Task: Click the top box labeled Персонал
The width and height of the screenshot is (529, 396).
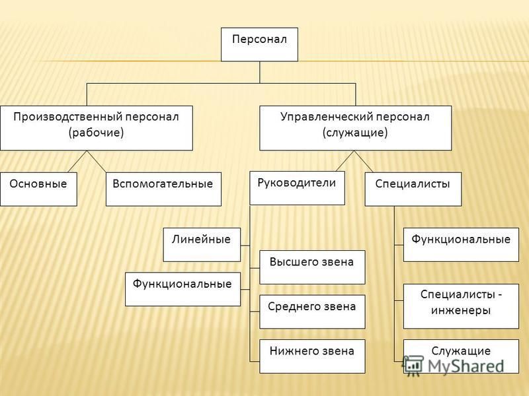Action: coord(259,44)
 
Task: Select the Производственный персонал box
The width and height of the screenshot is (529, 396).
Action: coord(97,128)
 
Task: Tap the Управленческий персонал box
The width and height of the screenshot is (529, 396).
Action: coord(355,128)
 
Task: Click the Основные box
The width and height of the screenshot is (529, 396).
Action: coord(38,189)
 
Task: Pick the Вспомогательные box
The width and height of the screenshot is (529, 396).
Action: coord(163,189)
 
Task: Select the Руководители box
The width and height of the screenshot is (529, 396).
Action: coord(297,188)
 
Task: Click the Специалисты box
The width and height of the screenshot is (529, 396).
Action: coord(413,189)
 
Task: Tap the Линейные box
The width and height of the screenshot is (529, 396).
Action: coord(202,245)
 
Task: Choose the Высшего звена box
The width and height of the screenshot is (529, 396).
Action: coord(312,267)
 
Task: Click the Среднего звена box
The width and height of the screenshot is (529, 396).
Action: coord(312,312)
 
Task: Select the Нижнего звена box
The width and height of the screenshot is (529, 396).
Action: coord(312,356)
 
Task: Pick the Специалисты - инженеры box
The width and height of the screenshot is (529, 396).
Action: coord(461,306)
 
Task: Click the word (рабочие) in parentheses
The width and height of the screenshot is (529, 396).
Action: coord(96,133)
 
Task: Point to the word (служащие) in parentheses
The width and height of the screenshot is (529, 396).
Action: coord(355,133)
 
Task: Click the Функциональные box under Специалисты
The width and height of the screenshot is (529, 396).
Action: coord(461,245)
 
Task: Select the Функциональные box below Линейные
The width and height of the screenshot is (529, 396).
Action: coord(183,289)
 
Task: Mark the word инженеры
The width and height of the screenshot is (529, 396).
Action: coord(461,310)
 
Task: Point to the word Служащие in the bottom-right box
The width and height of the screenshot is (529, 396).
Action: coord(461,351)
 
